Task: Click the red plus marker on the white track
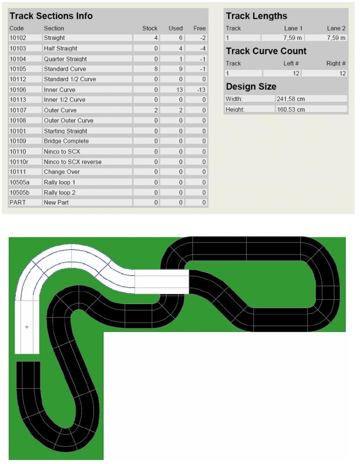click(x=27, y=327)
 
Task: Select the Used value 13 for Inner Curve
click(x=180, y=90)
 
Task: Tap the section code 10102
click(x=18, y=38)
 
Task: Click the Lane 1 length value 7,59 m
click(x=292, y=38)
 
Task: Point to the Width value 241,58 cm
click(x=291, y=99)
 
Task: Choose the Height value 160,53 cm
click(x=291, y=109)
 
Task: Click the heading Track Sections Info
click(x=51, y=16)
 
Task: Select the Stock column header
click(x=150, y=28)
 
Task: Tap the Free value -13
click(x=201, y=90)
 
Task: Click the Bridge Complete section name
click(x=66, y=141)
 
